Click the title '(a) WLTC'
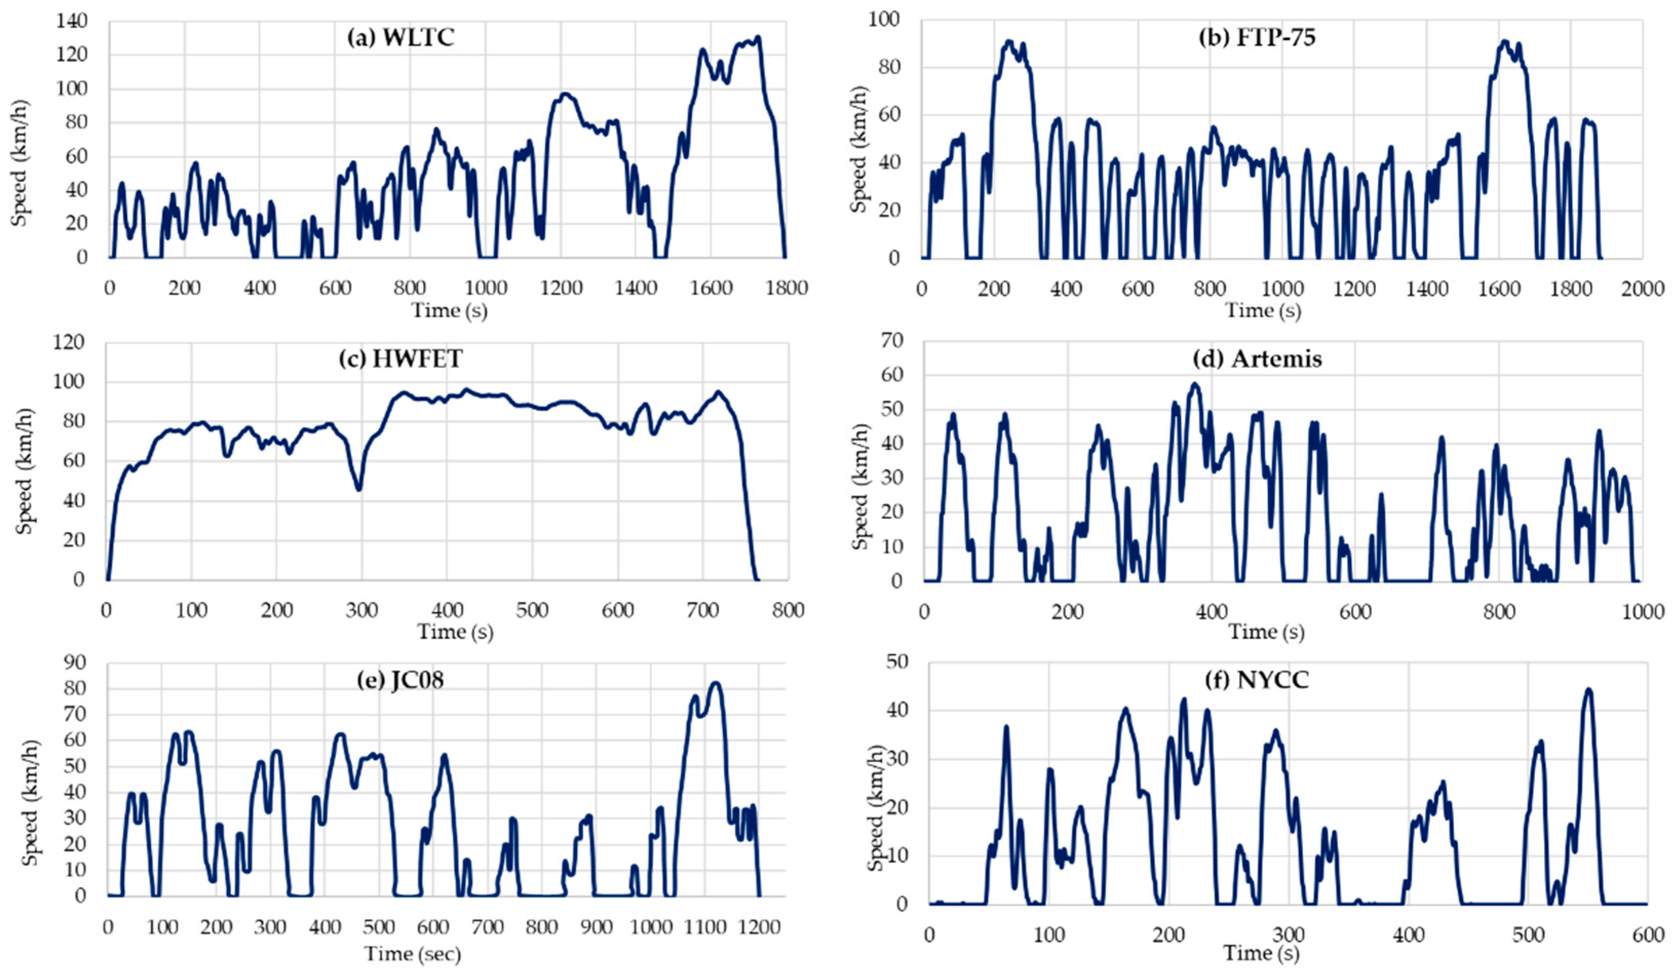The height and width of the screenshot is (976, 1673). click(x=401, y=37)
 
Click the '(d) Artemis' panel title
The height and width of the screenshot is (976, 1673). click(x=1267, y=359)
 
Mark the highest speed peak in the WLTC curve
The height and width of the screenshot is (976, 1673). click(x=757, y=38)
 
